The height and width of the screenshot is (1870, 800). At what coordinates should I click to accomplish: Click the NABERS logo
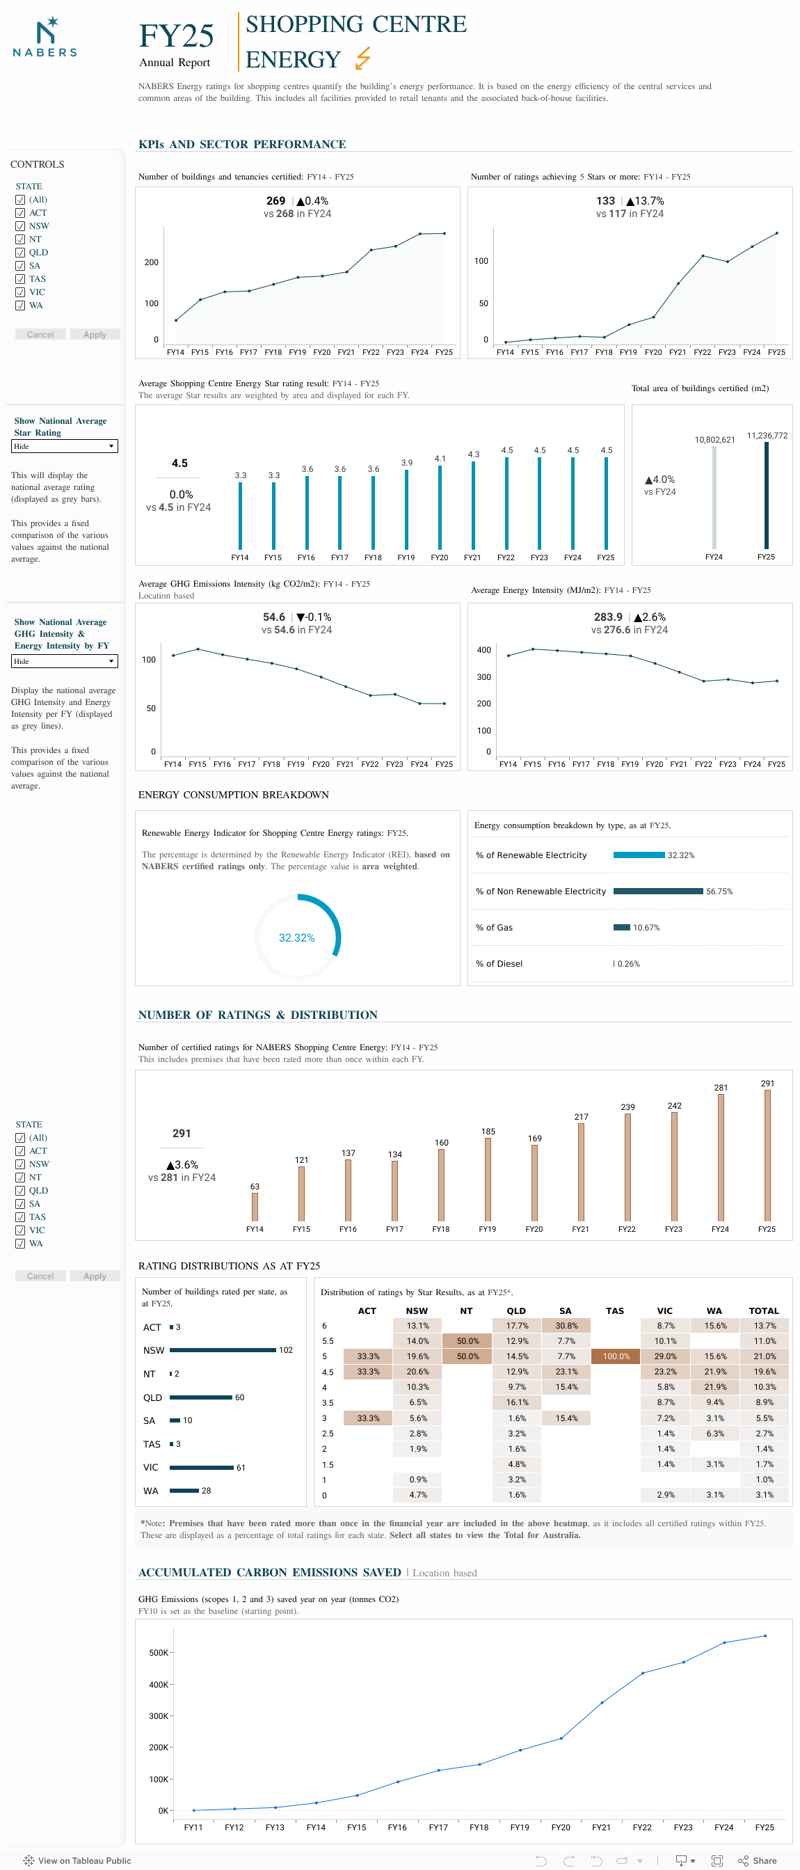[x=45, y=38]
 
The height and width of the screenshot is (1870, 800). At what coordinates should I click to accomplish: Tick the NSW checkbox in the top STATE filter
[x=20, y=225]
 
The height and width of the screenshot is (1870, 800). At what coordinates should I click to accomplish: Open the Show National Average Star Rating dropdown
[x=65, y=445]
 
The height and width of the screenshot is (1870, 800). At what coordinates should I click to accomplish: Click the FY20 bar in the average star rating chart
[x=439, y=507]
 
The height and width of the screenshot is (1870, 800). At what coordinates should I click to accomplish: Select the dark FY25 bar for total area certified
[x=766, y=495]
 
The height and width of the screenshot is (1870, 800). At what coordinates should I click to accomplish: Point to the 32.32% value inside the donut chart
[x=296, y=937]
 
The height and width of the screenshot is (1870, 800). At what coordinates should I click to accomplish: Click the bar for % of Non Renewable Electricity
[x=657, y=891]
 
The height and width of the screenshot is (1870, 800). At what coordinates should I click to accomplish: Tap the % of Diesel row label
[x=499, y=963]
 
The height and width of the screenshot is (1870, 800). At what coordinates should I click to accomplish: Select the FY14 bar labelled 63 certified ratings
[x=255, y=1207]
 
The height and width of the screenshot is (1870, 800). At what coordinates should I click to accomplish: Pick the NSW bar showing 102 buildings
[x=223, y=1349]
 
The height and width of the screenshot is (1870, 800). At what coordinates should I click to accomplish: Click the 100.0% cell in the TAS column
[x=616, y=1356]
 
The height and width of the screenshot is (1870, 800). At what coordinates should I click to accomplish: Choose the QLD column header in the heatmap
[x=516, y=1310]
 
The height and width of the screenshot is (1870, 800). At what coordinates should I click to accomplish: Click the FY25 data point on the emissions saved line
[x=765, y=1635]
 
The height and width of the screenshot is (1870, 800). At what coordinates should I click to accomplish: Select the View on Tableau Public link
[x=78, y=1860]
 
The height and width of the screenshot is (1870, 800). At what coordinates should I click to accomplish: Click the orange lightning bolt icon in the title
[x=363, y=57]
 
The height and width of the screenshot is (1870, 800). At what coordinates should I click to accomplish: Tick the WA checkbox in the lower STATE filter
[x=20, y=1243]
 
